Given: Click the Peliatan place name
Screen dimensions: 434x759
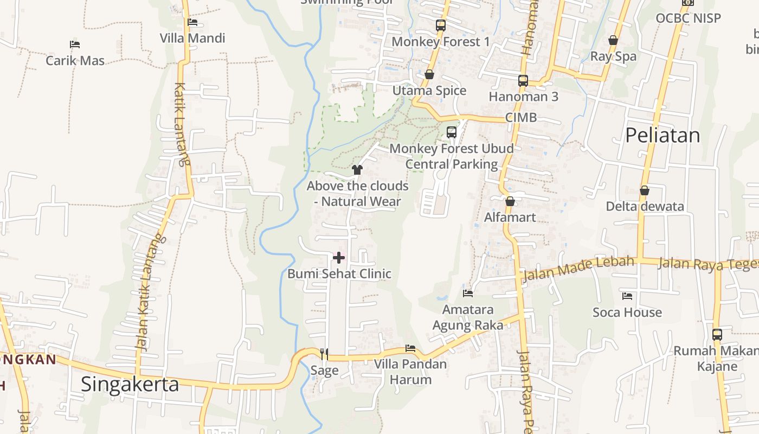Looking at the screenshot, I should (662, 135).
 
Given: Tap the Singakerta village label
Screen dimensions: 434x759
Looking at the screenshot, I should (130, 384).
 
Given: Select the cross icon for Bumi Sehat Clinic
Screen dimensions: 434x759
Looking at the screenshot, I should (339, 257).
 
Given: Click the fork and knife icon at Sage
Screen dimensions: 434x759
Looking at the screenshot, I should (324, 354).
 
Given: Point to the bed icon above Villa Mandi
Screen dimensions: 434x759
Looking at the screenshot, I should (192, 22).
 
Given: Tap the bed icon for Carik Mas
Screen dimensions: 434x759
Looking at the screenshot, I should (75, 44).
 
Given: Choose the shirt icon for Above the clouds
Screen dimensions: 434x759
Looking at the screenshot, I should (357, 170).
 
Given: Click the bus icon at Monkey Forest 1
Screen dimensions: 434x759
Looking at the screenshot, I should (440, 25).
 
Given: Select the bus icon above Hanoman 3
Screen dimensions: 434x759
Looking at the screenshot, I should (523, 80).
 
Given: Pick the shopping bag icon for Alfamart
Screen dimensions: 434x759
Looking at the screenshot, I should (510, 201).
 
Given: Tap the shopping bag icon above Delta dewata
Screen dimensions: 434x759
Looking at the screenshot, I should (644, 190).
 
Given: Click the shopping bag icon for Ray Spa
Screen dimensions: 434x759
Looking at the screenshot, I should (613, 40).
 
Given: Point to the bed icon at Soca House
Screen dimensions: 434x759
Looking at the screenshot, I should (627, 296).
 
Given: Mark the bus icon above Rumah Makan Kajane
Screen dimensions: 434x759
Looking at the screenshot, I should (717, 334).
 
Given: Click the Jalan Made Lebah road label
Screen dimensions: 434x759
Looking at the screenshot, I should (578, 269).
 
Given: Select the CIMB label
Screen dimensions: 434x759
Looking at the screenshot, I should (520, 118).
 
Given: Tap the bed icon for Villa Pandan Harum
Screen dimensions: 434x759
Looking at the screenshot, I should (410, 348).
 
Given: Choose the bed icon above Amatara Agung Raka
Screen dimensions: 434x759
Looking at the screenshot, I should (467, 293).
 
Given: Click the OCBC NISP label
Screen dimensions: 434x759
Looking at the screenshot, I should (688, 18).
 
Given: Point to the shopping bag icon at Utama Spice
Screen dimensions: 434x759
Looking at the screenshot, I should (429, 74).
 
